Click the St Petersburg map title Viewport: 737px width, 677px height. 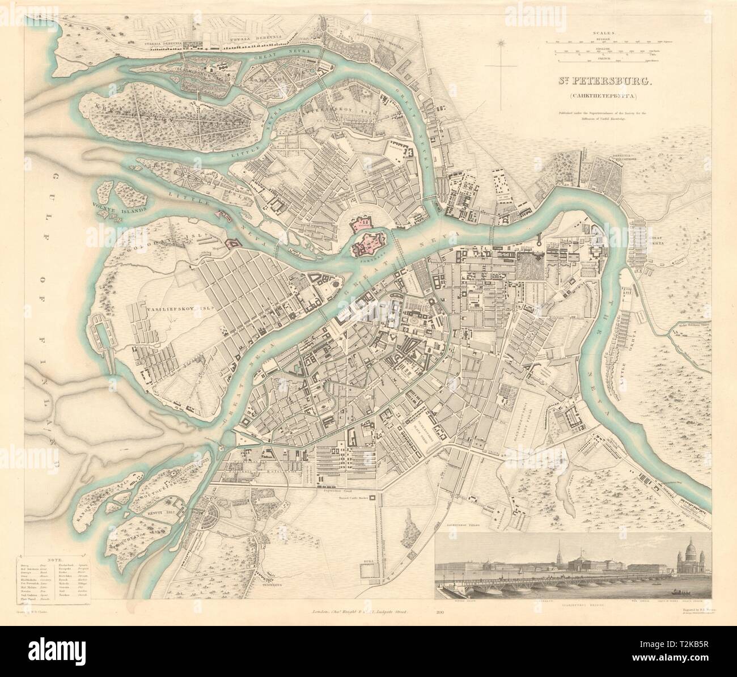(599, 81)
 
